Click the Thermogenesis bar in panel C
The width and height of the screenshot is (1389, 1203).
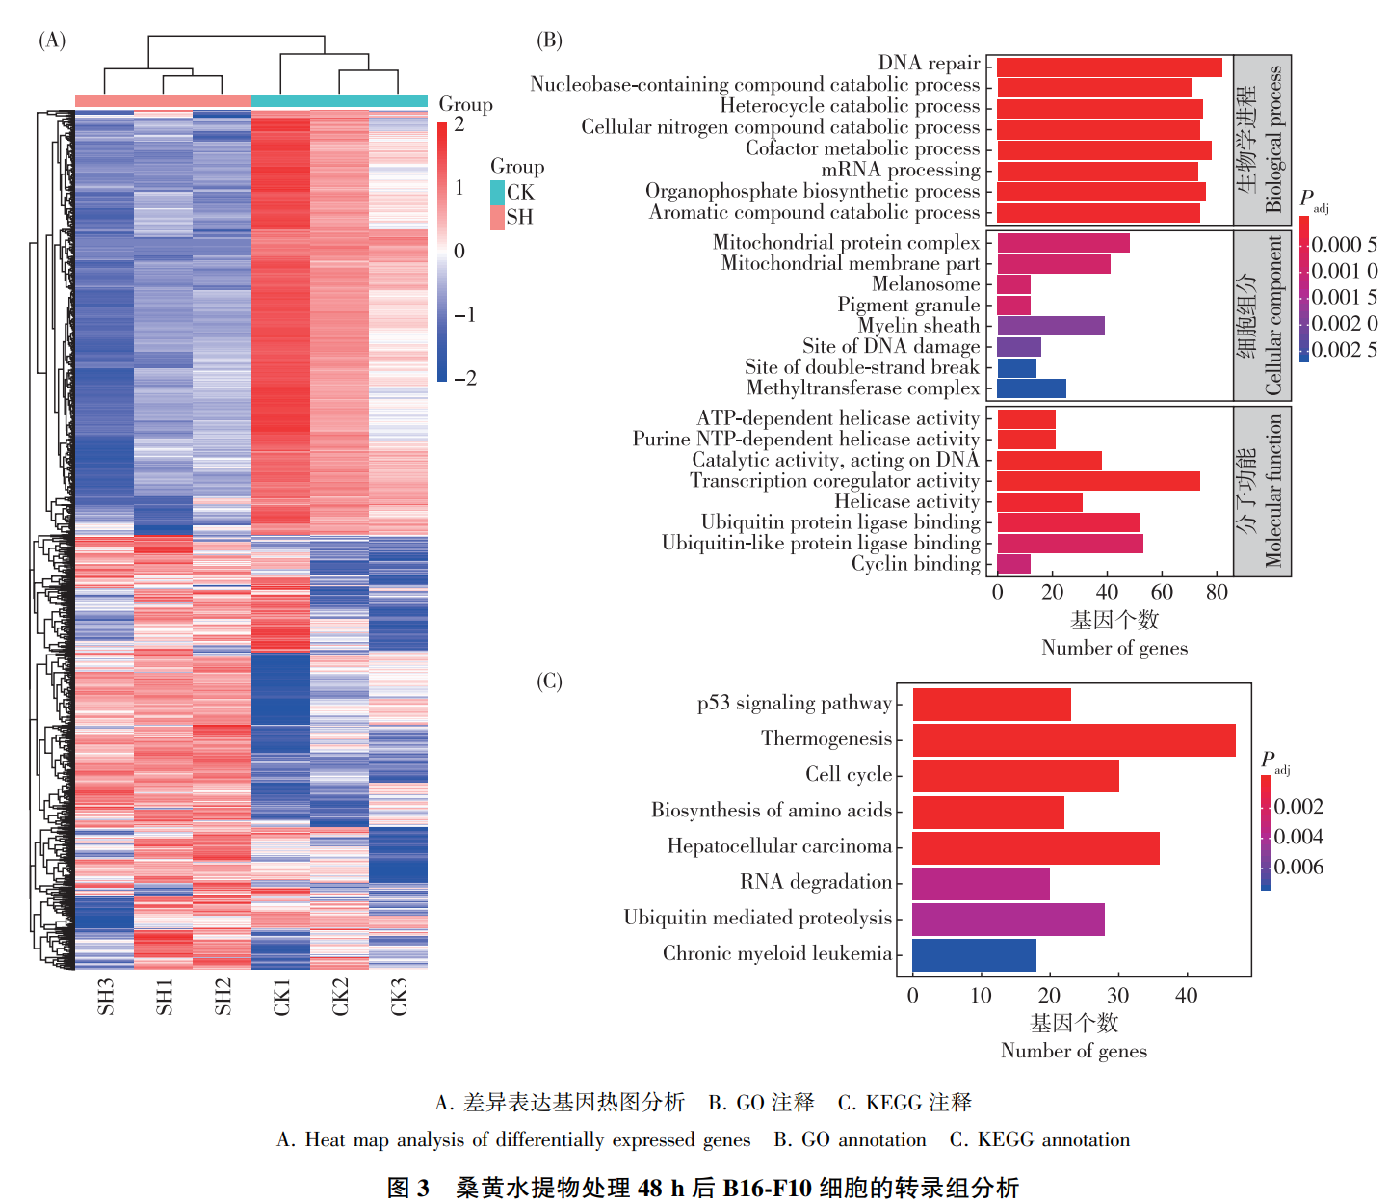tap(1073, 740)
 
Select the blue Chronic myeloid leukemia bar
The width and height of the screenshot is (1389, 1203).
tap(974, 955)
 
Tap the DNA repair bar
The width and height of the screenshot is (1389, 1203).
tap(1109, 67)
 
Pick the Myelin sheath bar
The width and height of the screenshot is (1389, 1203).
tap(1050, 326)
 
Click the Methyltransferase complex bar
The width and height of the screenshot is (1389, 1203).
tap(1031, 388)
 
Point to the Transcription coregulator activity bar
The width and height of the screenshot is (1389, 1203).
tap(1098, 481)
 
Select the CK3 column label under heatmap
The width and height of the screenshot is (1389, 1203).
tap(399, 997)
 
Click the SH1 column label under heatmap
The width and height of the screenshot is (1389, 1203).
tap(165, 997)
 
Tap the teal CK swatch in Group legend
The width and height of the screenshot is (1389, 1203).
tap(497, 193)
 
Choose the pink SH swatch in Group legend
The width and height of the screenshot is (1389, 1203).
tap(497, 218)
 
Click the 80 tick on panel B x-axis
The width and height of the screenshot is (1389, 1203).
tap(1217, 593)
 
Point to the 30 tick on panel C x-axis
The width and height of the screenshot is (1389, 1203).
tap(1117, 996)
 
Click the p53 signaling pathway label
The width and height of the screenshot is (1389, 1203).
tap(794, 704)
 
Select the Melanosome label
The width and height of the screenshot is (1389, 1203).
tap(925, 284)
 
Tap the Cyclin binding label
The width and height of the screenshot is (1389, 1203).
tap(914, 564)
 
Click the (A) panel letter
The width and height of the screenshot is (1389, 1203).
tap(52, 40)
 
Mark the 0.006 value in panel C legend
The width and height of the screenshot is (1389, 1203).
tap(1298, 868)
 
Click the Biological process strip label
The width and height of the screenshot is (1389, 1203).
tap(1273, 139)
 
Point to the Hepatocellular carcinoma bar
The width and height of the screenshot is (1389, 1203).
tap(1035, 848)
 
